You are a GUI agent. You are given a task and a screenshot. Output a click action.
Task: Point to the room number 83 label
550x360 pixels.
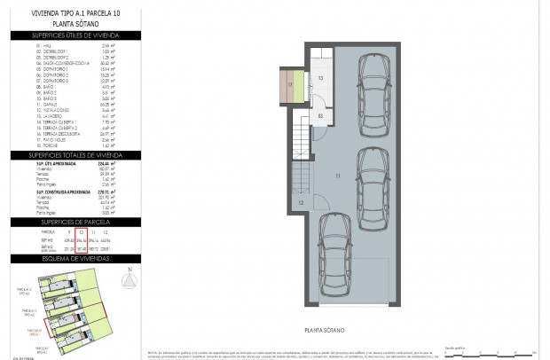point(320,116)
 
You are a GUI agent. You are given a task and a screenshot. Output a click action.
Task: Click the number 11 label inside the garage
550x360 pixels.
point(337,176)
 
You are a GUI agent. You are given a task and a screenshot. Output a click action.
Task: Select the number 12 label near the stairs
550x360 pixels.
point(301,203)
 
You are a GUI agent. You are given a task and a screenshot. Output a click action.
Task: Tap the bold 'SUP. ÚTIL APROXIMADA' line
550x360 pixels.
point(53,164)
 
